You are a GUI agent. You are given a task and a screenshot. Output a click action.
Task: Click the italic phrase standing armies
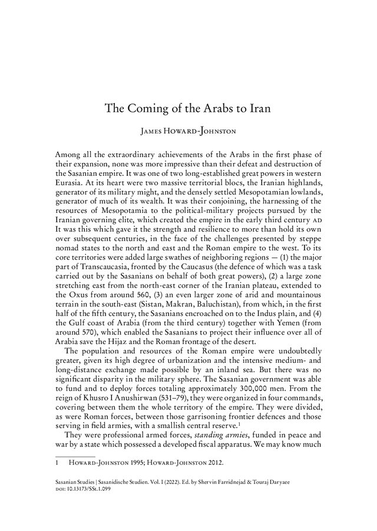[208, 435]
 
